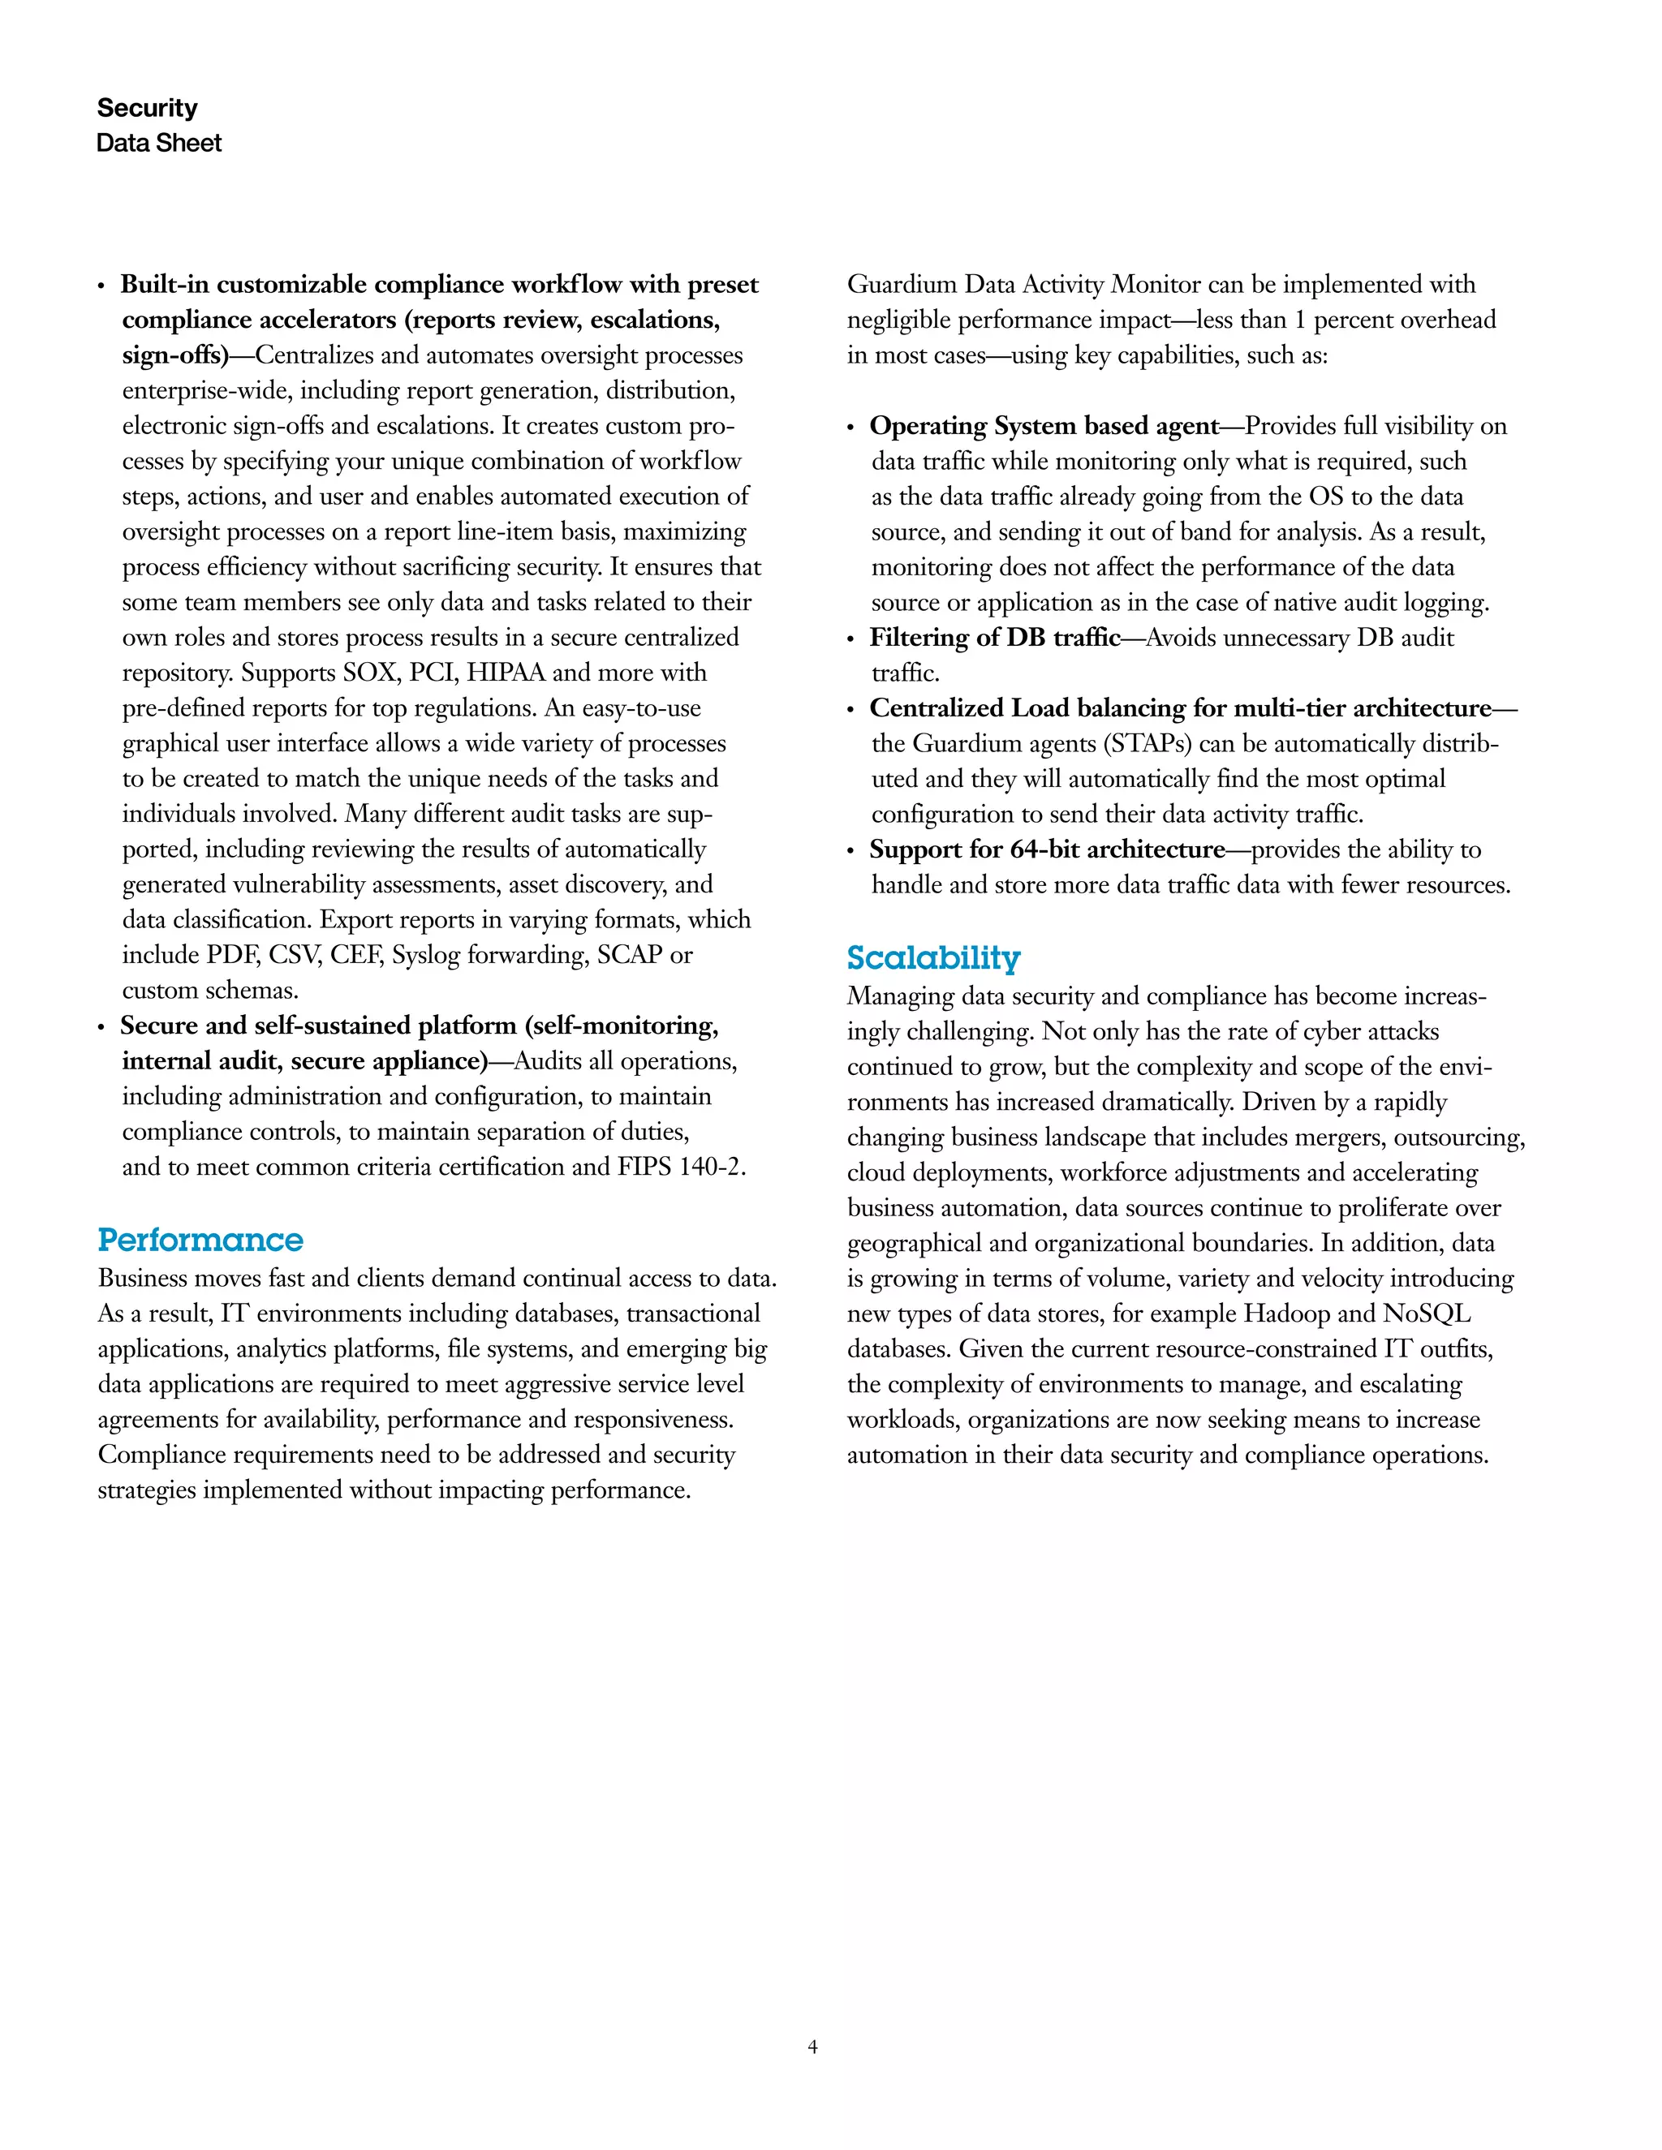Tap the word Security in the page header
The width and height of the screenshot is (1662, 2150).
pyautogui.click(x=147, y=107)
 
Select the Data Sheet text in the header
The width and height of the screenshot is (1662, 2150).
pyautogui.click(x=158, y=143)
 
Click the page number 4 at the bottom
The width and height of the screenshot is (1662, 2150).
pyautogui.click(x=812, y=2047)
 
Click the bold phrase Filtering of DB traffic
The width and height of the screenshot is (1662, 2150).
pyautogui.click(x=994, y=637)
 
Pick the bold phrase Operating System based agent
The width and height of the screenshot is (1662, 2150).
pyautogui.click(x=1044, y=425)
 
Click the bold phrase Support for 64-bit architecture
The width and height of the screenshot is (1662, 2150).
pyautogui.click(x=1047, y=849)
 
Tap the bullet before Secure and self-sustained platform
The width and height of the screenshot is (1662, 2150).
pyautogui.click(x=101, y=1028)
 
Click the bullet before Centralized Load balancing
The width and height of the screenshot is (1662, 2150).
pyautogui.click(x=850, y=711)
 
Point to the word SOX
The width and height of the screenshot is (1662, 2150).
pyautogui.click(x=369, y=673)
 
